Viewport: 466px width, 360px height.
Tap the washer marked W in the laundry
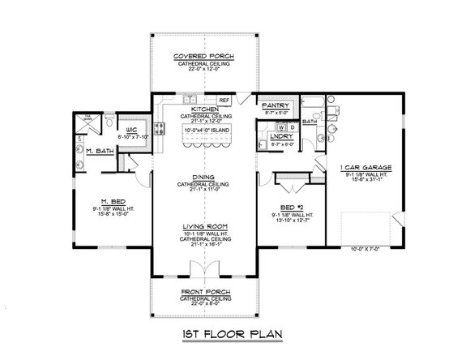280,127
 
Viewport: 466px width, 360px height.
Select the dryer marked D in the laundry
290,127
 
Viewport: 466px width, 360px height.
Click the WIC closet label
133,128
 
